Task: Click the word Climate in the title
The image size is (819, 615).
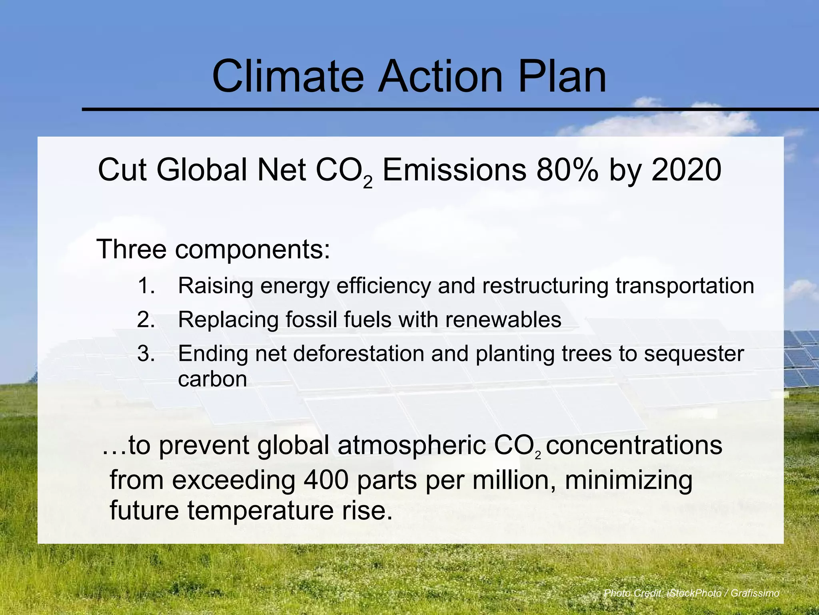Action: pos(288,76)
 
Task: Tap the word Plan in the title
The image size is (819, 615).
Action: pos(562,76)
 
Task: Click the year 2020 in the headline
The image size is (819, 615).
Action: pos(686,170)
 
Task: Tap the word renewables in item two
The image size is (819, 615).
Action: pos(503,320)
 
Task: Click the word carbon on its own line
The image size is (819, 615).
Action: pos(212,379)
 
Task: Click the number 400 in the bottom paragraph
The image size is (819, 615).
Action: pos(326,480)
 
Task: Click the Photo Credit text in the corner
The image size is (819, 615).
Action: pos(691,593)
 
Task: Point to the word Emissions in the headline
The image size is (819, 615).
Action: pos(454,170)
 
